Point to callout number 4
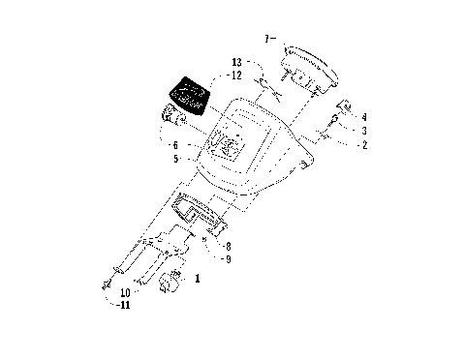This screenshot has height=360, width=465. [x=363, y=116]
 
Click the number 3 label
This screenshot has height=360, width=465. [x=363, y=130]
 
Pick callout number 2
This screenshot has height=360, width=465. [x=363, y=144]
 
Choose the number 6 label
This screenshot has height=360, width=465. [x=200, y=145]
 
